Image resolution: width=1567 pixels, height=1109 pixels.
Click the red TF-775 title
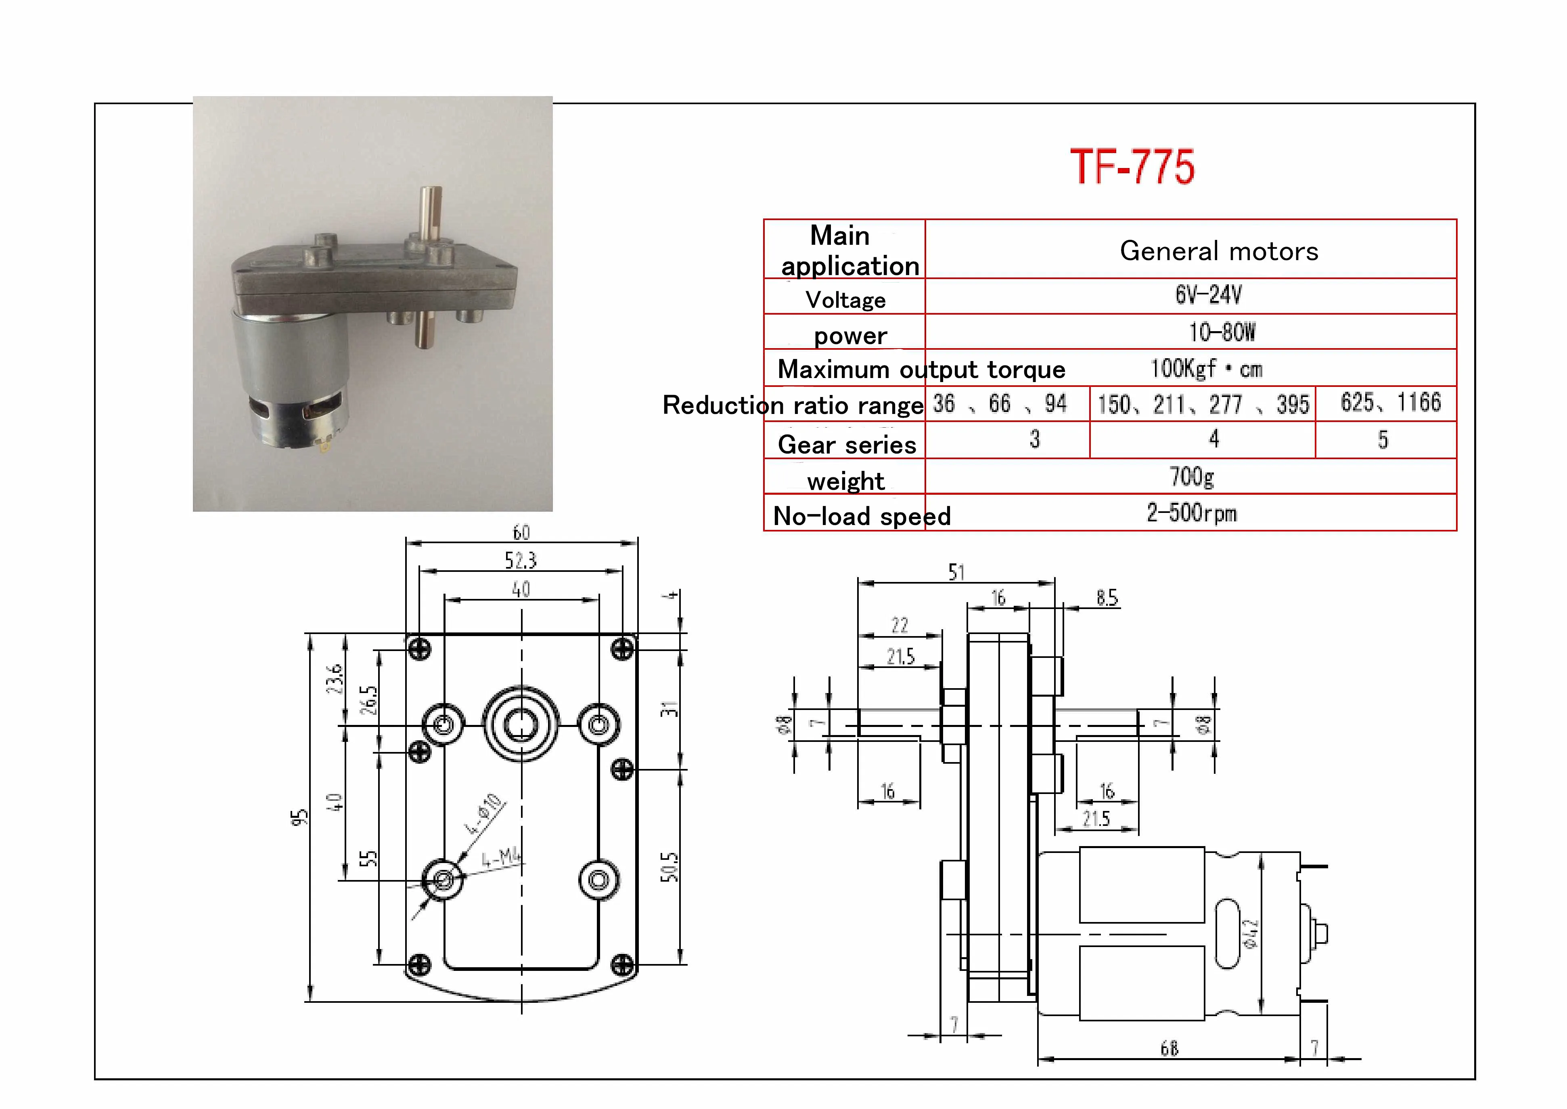(1132, 167)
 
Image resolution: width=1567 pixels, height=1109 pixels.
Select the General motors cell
(1219, 251)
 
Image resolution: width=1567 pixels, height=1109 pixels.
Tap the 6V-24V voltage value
(1208, 295)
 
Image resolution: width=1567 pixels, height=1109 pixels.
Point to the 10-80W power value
(1222, 332)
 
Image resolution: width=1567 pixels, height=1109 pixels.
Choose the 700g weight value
(1192, 477)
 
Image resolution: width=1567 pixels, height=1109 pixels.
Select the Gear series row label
(847, 445)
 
